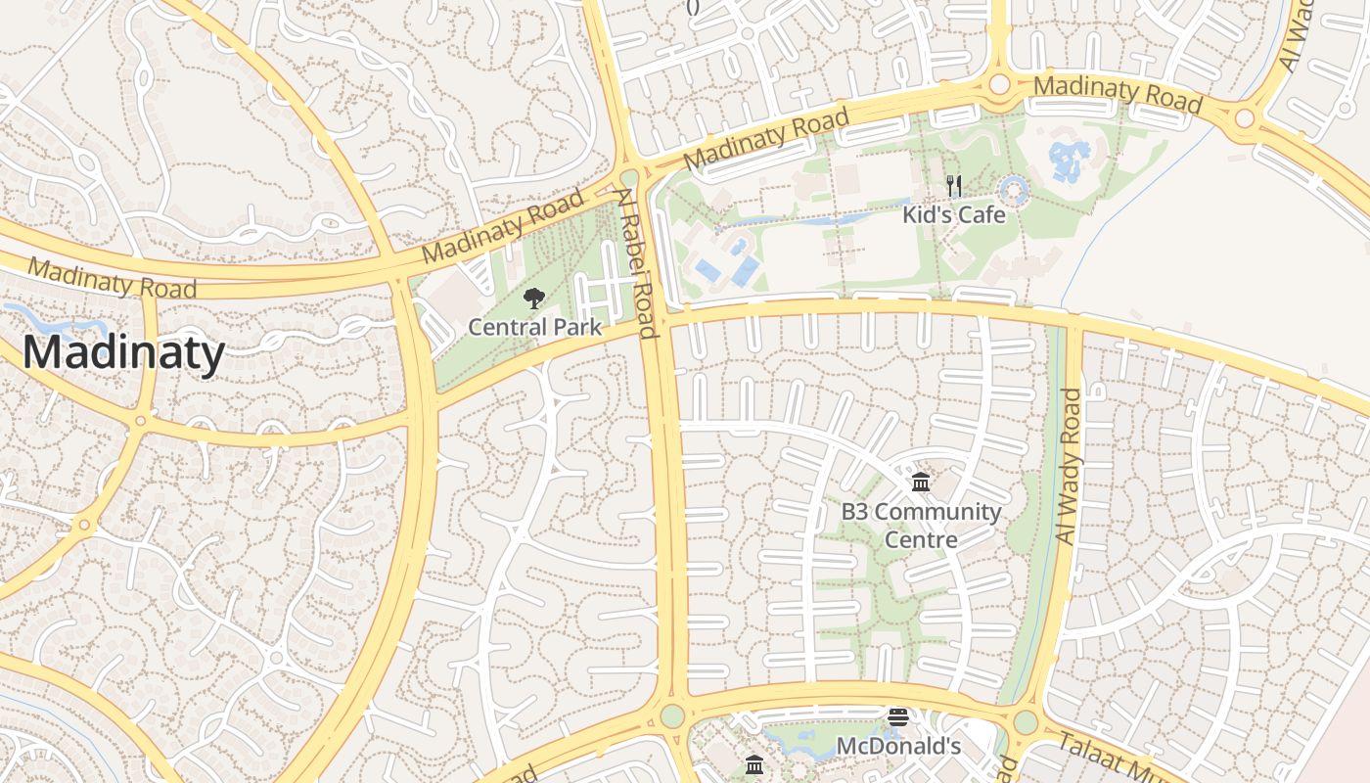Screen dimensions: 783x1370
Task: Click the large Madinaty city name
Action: (x=123, y=352)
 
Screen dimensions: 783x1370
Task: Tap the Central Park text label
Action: (x=534, y=327)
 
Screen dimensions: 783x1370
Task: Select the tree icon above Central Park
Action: (x=533, y=299)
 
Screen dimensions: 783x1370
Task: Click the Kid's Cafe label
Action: (x=953, y=214)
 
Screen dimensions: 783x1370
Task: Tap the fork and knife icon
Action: (x=953, y=186)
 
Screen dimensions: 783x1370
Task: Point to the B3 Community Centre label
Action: (x=921, y=525)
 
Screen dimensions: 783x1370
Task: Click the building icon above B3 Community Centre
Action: (x=921, y=482)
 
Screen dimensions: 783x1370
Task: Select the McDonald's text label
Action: (x=898, y=747)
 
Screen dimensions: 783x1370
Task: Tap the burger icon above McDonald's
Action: (x=897, y=717)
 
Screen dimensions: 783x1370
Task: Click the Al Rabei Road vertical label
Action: (x=636, y=263)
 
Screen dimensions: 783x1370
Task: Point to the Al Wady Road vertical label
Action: (x=1073, y=466)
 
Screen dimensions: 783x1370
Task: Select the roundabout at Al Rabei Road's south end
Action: (x=671, y=715)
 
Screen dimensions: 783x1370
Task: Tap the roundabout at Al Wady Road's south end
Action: (x=1025, y=722)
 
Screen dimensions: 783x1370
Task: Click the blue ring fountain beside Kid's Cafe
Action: (x=1013, y=190)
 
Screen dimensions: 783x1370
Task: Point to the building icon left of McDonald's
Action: (x=753, y=764)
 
